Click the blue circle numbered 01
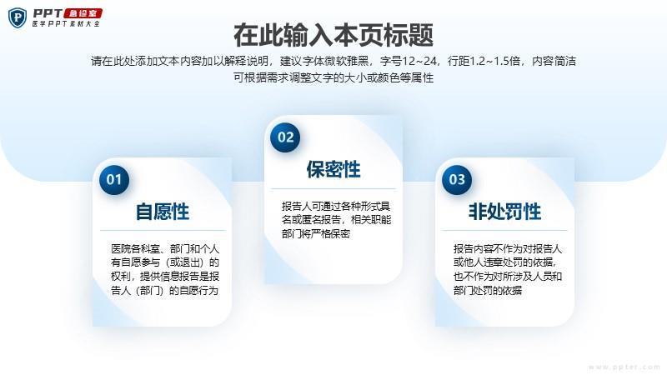click(114, 179)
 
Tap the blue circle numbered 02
click(285, 137)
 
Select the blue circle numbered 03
click(457, 179)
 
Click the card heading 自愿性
click(163, 212)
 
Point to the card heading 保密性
click(333, 169)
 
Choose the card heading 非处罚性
click(505, 212)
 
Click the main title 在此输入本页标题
click(333, 35)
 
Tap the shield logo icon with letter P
click(18, 17)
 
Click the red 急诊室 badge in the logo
click(83, 13)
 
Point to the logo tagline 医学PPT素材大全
click(66, 24)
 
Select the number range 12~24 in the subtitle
click(419, 61)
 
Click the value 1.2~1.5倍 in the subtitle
click(495, 61)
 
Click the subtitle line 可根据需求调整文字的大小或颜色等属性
click(333, 77)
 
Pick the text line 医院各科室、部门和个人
click(165, 248)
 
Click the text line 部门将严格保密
click(316, 234)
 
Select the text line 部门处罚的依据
click(488, 290)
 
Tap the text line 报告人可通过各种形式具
click(336, 206)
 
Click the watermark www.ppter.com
click(624, 367)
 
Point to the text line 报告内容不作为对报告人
click(508, 248)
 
